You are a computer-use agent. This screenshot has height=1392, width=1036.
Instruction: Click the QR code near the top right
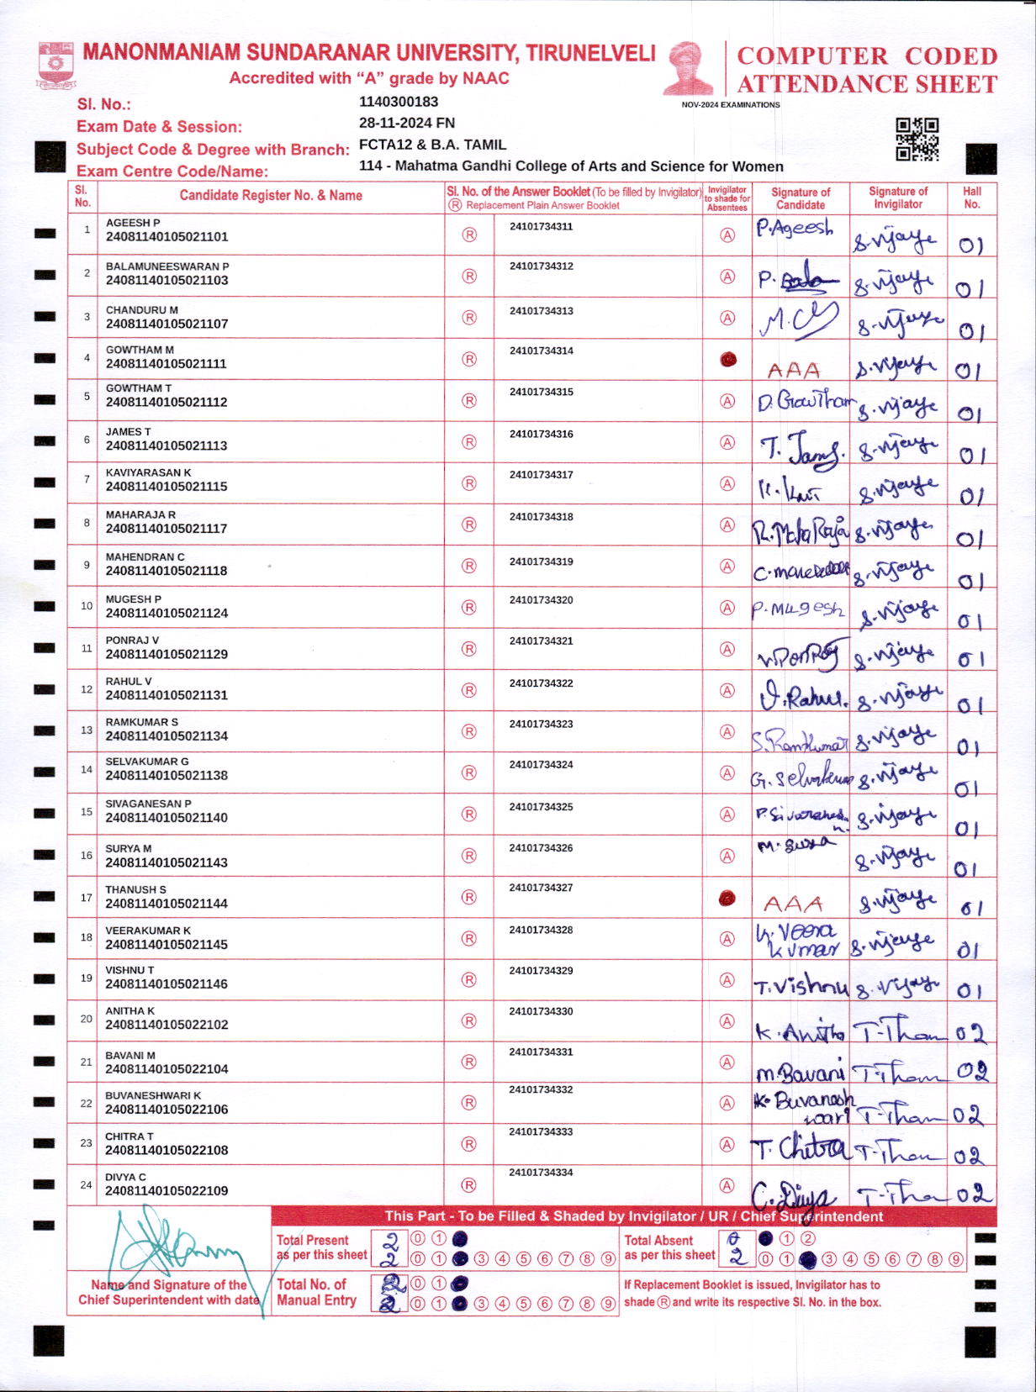(x=917, y=139)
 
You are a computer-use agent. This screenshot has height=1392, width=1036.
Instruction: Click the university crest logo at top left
(x=55, y=66)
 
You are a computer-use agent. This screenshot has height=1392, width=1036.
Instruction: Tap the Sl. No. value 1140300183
(x=399, y=102)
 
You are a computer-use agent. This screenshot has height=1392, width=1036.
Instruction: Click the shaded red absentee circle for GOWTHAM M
(x=728, y=360)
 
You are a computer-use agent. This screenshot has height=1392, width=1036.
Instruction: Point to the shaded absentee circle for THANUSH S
(x=727, y=899)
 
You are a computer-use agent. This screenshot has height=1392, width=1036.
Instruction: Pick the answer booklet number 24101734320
(x=541, y=600)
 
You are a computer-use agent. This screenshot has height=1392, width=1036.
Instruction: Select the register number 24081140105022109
(x=166, y=1191)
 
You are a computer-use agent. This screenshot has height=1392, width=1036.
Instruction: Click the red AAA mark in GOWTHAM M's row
(x=793, y=370)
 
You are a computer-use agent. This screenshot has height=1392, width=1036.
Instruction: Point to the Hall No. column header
(x=972, y=198)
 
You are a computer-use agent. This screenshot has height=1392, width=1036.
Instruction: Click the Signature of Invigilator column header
(x=897, y=198)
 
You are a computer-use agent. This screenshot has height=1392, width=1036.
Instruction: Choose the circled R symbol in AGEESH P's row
(x=469, y=235)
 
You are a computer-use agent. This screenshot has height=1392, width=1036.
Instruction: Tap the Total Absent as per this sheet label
(x=669, y=1247)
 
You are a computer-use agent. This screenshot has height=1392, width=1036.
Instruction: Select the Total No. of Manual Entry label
(x=316, y=1292)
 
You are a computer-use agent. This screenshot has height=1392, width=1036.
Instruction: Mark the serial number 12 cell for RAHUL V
(x=87, y=689)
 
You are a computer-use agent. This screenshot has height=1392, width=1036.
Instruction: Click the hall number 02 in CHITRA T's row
(x=970, y=1156)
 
